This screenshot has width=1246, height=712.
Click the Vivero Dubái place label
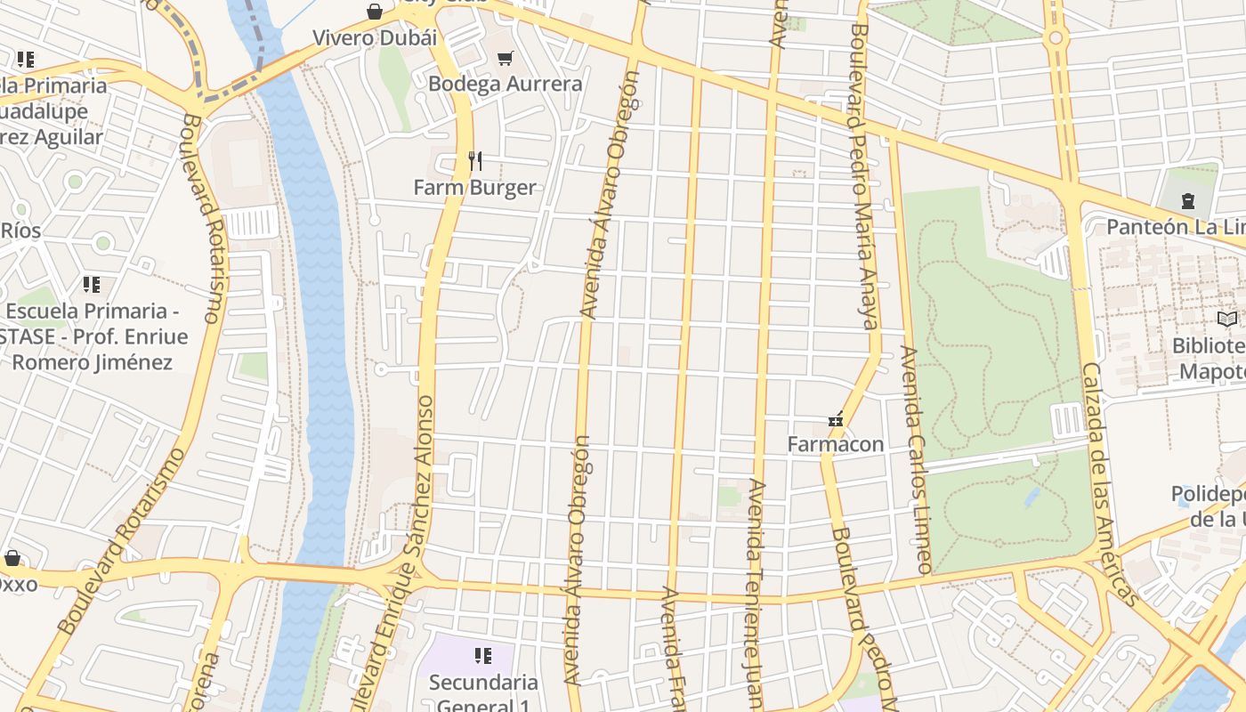tap(374, 38)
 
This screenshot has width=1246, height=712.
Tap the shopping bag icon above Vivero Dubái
tap(375, 12)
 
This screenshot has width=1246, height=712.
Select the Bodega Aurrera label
tap(505, 84)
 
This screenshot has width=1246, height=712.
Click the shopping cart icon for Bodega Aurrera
tap(506, 58)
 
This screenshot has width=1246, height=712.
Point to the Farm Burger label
tap(474, 187)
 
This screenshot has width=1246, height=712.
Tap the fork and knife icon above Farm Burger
tap(475, 161)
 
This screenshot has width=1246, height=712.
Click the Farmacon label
tap(836, 444)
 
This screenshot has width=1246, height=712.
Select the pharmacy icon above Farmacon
tap(836, 419)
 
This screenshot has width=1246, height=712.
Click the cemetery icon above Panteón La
tap(1187, 200)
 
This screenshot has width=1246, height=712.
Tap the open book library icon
tap(1227, 319)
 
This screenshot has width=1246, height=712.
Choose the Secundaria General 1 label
tap(483, 683)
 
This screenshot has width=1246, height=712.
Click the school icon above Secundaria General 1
tap(483, 657)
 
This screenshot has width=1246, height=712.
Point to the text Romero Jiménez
tap(92, 362)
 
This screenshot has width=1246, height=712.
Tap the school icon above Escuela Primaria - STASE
tap(91, 285)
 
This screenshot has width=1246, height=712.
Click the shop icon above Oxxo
tap(12, 558)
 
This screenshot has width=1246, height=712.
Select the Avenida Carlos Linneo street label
tap(916, 458)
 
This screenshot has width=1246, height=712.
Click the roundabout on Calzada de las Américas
tap(1056, 38)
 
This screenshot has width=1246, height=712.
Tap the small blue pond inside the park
tap(1032, 496)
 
